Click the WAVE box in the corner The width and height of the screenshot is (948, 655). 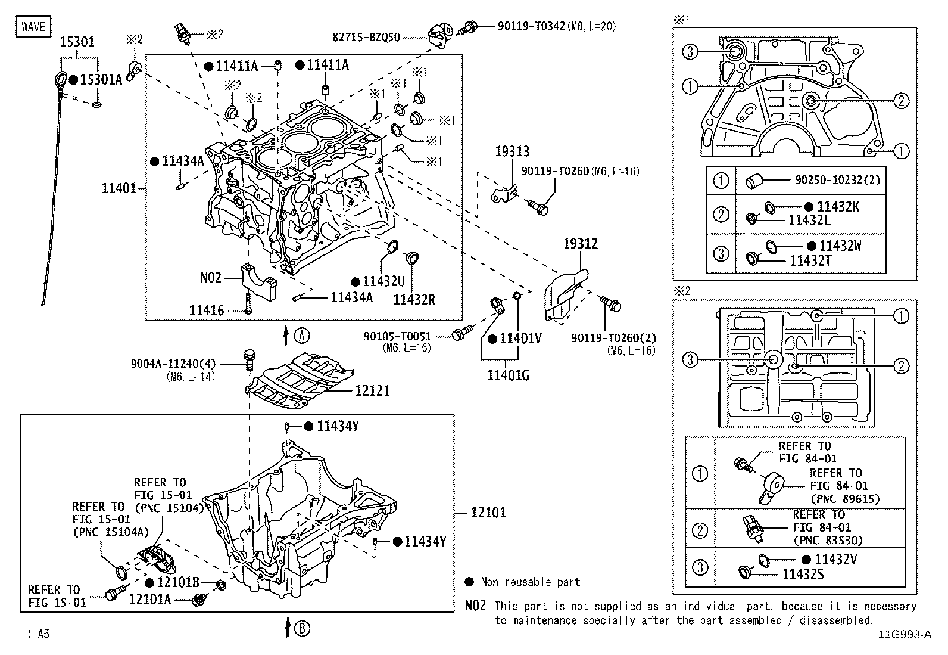[x=33, y=26]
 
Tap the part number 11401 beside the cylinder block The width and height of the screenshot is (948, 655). [x=119, y=189]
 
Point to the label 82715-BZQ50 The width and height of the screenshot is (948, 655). [x=366, y=37]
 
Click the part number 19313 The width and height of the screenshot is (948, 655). [x=512, y=152]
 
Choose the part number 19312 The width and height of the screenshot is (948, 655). [x=581, y=244]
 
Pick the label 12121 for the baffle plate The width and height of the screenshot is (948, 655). [x=372, y=390]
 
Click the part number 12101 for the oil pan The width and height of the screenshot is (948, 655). [x=488, y=512]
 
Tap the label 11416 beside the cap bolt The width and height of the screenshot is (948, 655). [x=207, y=311]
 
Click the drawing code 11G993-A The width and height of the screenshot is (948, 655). [x=903, y=634]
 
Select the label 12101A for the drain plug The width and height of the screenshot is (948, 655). [x=149, y=599]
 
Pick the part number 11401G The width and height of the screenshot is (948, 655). [x=507, y=375]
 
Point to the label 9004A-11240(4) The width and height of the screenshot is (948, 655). [x=173, y=363]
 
